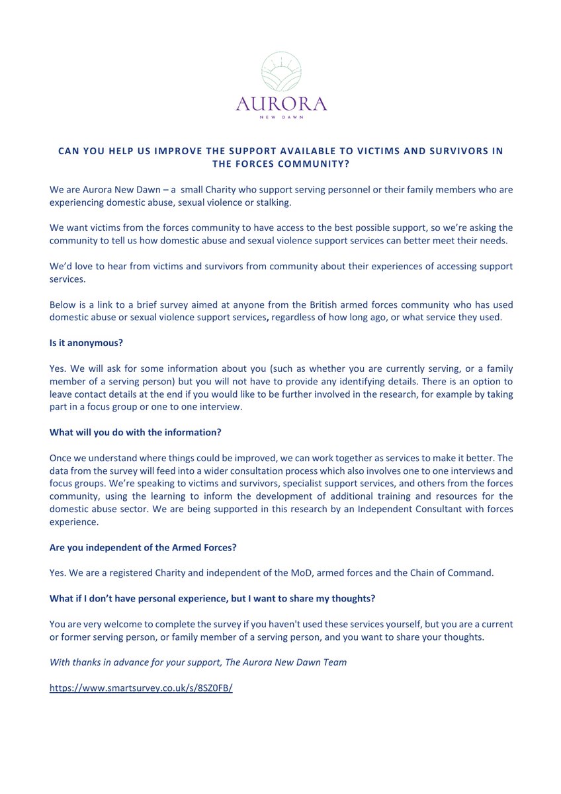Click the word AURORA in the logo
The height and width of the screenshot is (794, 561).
click(x=280, y=105)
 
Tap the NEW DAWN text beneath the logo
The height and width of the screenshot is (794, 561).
click(x=280, y=120)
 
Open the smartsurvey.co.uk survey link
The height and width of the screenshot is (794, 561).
click(x=141, y=687)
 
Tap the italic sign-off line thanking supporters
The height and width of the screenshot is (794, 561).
click(x=198, y=662)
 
